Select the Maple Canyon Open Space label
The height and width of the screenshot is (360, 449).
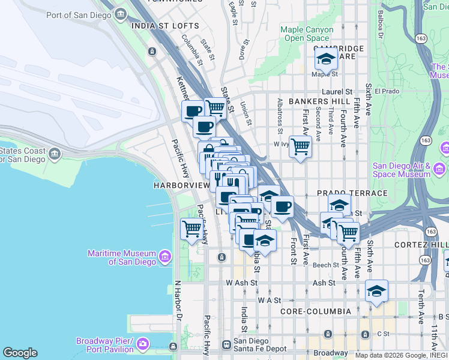(x=307, y=33)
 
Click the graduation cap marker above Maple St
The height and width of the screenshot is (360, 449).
(x=326, y=59)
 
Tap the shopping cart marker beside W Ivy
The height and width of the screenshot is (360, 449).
(x=300, y=146)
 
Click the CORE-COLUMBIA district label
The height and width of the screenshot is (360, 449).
(x=316, y=311)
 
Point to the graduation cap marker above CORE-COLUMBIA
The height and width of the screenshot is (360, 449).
(x=376, y=291)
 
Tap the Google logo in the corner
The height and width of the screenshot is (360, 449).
(x=20, y=353)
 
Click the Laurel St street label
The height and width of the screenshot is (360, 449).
(x=337, y=92)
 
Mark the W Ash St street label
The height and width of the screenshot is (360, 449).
(x=241, y=283)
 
